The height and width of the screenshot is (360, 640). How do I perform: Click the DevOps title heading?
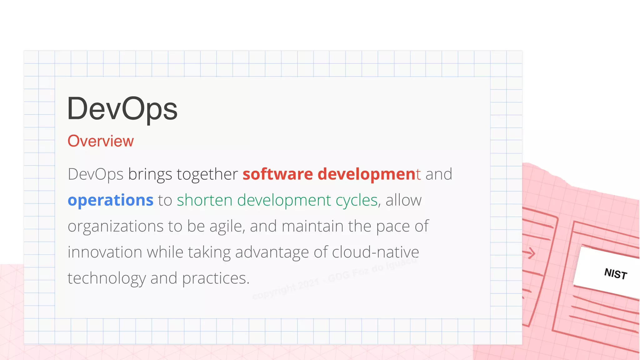122,109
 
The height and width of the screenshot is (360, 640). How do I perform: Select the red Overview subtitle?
101,141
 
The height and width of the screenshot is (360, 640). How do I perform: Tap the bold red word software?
278,174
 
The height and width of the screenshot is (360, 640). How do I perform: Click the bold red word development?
369,174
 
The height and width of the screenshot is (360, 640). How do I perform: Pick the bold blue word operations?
111,200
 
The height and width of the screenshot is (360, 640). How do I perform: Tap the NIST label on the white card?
615,274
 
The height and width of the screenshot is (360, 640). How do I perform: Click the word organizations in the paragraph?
116,226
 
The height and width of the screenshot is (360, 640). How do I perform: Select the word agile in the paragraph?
227,226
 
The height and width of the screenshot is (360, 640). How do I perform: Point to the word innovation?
105,252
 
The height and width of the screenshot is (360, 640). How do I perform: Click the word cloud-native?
375,252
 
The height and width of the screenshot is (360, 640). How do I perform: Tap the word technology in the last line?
107,278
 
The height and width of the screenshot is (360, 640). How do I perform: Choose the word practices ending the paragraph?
216,278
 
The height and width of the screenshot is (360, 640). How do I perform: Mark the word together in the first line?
207,174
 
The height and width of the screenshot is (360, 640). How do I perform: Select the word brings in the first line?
150,174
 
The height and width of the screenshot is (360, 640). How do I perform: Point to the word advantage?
272,252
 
